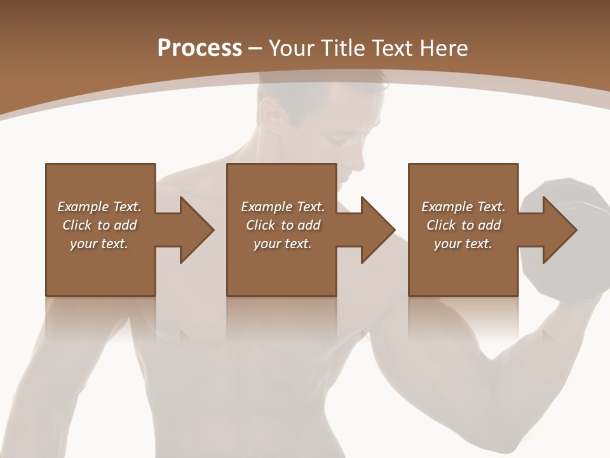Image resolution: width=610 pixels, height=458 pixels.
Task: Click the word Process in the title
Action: [200, 48]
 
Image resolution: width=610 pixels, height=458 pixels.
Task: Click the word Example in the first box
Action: [83, 207]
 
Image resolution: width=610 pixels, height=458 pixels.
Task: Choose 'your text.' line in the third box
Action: [463, 244]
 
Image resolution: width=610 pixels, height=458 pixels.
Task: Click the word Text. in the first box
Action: [128, 207]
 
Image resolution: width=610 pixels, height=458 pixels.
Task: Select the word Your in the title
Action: [291, 48]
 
